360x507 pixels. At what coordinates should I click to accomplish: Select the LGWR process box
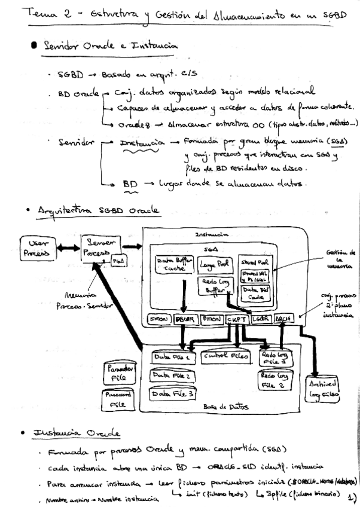click(x=260, y=320)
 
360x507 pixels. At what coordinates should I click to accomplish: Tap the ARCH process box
click(x=283, y=320)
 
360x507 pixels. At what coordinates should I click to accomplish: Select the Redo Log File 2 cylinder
click(x=274, y=381)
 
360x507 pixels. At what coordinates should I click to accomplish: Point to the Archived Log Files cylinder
click(x=323, y=389)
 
